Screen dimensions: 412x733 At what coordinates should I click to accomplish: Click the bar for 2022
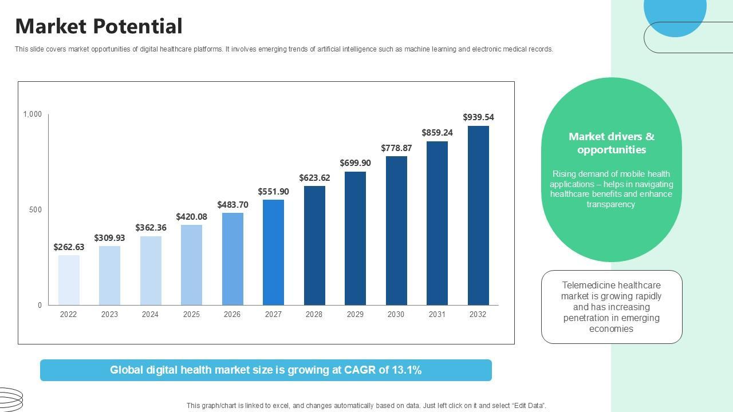click(69, 280)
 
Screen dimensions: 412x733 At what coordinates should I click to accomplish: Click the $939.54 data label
click(478, 117)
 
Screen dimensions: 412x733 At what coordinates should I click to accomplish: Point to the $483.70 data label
click(232, 205)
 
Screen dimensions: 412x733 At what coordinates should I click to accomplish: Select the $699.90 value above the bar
click(355, 163)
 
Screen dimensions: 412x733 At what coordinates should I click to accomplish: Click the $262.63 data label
click(69, 247)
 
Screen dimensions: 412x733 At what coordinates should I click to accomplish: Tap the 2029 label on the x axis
click(355, 314)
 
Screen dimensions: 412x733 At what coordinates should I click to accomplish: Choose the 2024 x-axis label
click(150, 314)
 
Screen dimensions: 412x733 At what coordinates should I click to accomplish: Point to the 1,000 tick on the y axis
click(33, 114)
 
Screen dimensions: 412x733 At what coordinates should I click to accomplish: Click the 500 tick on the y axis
click(36, 210)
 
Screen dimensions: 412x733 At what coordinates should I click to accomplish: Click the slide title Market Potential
click(98, 26)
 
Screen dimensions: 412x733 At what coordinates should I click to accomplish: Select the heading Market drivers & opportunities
click(611, 143)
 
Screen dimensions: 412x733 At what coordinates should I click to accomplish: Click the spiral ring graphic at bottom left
click(10, 399)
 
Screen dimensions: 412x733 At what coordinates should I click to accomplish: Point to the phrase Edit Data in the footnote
click(527, 406)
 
